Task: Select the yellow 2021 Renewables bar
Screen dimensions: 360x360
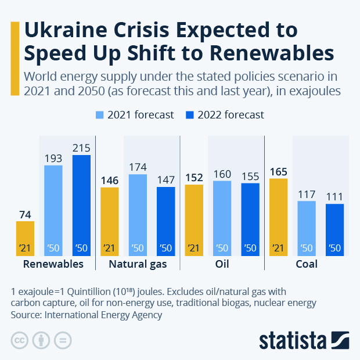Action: (x=25, y=238)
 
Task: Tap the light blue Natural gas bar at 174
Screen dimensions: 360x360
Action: (x=138, y=215)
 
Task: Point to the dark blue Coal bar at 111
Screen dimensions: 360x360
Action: (x=334, y=229)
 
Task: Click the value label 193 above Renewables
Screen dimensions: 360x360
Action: (x=53, y=158)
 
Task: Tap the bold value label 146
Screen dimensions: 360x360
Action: (x=110, y=180)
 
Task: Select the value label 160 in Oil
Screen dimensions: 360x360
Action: (x=222, y=174)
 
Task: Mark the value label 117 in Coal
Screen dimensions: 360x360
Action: (x=307, y=194)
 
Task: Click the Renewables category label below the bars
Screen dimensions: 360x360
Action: (x=53, y=264)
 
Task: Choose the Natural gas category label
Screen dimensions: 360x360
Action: (x=138, y=264)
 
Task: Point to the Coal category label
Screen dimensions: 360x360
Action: (x=307, y=264)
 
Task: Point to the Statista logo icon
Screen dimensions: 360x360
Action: (x=339, y=340)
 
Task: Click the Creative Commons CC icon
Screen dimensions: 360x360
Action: (x=20, y=340)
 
